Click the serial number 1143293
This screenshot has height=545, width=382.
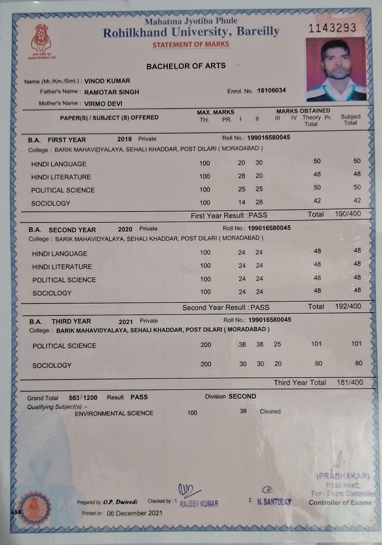(332, 28)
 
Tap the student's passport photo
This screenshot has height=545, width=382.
(335, 69)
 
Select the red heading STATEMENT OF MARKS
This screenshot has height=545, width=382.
(191, 45)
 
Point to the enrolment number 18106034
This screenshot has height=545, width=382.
(271, 91)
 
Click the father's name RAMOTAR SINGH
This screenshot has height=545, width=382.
(112, 92)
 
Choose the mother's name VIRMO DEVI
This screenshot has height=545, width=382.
(103, 104)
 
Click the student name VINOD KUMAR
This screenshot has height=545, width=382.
(107, 81)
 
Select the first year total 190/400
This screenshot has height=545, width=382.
(348, 214)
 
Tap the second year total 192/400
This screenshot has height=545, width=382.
(348, 306)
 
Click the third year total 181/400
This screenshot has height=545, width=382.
(350, 383)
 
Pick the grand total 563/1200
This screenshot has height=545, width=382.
(83, 398)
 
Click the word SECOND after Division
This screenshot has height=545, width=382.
(242, 396)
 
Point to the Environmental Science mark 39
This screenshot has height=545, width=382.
(243, 411)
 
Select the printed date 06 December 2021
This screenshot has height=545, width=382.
(134, 513)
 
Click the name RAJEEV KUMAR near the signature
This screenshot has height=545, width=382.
(199, 503)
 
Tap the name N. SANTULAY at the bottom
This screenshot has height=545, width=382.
(274, 502)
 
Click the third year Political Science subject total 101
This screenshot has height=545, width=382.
(356, 344)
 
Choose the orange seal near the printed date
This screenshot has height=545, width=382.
(34, 508)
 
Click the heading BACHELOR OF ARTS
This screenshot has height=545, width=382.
(186, 66)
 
